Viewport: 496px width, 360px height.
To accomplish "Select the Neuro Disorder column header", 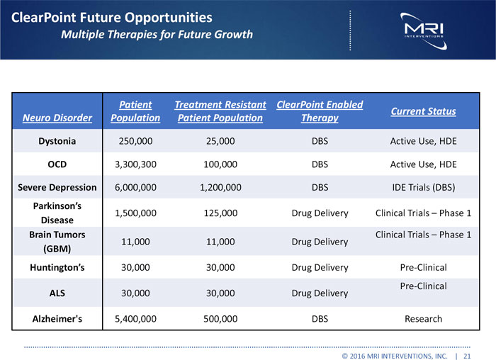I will tap(57, 118).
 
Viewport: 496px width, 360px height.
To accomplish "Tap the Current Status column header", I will tap(423, 111).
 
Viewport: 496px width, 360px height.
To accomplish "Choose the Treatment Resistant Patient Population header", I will tap(220, 111).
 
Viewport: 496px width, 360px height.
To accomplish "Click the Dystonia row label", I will tap(57, 141).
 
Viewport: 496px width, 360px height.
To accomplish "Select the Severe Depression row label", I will tap(57, 188).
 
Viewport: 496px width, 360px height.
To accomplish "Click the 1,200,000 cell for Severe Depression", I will tap(220, 188).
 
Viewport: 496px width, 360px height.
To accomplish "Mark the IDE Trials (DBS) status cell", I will tap(423, 188).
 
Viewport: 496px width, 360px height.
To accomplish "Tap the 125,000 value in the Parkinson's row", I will tap(220, 213).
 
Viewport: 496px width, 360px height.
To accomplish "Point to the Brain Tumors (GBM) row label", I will tap(57, 242).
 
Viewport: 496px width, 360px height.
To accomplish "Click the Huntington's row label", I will tap(57, 268).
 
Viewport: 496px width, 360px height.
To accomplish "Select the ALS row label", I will tap(57, 293).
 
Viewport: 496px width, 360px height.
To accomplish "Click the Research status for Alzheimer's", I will tap(423, 319).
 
